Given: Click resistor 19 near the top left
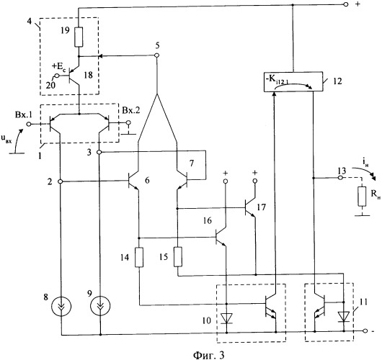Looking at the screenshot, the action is [79, 37].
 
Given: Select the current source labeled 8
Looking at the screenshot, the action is [61, 306].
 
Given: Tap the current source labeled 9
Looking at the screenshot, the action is [100, 306].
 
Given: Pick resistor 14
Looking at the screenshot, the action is [139, 257].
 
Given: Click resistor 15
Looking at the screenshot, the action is [178, 257].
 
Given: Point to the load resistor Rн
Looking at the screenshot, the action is [362, 197].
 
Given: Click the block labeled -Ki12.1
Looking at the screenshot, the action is [293, 81].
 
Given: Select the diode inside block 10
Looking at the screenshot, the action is [226, 319].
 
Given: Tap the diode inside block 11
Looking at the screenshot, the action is [344, 316].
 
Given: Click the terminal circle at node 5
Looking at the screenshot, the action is [157, 55].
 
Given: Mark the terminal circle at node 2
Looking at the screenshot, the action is [61, 181].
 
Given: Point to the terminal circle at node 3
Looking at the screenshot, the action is [99, 153].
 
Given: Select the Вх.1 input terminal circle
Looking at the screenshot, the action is [29, 124].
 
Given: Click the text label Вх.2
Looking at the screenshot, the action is [131, 111].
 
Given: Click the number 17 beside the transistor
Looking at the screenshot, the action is [261, 207].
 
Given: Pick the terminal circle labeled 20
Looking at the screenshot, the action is [57, 76].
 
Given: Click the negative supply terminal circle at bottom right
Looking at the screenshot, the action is [365, 330].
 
